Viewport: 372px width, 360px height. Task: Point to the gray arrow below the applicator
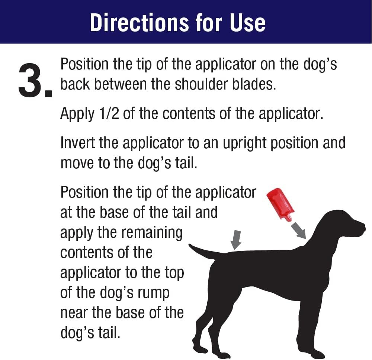click(x=298, y=230)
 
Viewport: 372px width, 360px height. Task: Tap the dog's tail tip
click(x=189, y=245)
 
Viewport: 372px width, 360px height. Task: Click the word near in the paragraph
click(x=74, y=313)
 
